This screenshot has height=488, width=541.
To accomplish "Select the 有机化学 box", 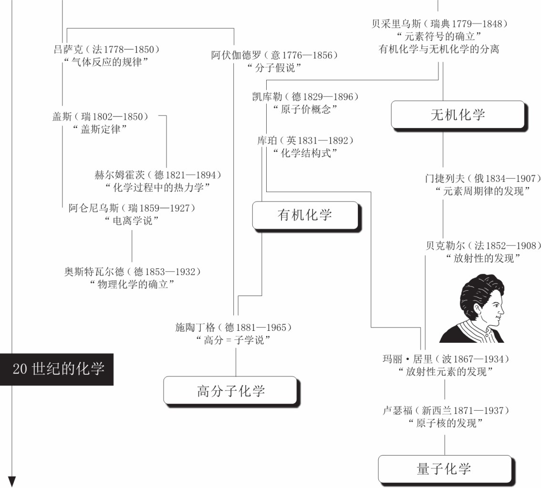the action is tap(305, 215).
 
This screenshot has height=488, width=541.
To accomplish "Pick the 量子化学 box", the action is tap(445, 469).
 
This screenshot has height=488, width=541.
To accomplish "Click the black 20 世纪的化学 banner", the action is tap(57, 369).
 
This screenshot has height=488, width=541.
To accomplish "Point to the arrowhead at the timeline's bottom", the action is tap(12, 482).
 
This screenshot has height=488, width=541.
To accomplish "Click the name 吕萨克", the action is tap(68, 49).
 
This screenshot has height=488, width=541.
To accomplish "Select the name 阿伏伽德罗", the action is tap(236, 55).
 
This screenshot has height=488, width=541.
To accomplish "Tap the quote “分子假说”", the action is tap(274, 68).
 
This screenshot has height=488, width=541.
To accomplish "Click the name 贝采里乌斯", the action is tap(396, 24).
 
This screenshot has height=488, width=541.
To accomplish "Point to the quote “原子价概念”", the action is tap(305, 109).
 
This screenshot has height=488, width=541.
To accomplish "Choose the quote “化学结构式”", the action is tap(305, 153).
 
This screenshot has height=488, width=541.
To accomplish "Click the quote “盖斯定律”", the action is tap(100, 129).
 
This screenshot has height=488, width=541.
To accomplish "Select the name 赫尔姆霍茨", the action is tap(120, 175).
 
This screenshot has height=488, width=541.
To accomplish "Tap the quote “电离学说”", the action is tap(132, 221).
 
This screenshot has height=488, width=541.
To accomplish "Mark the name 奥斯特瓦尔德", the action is tap(94, 272).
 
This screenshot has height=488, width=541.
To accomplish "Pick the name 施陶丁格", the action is tap(195, 328).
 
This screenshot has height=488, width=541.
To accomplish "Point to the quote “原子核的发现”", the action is tap(446, 423).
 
